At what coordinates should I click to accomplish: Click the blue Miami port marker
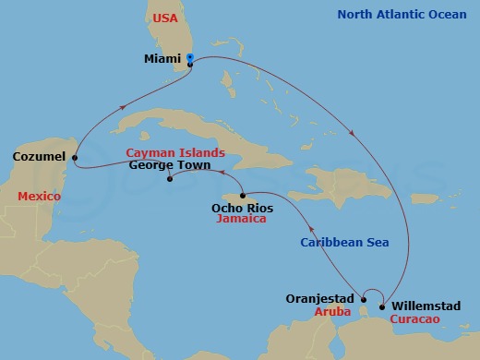click(x=189, y=57)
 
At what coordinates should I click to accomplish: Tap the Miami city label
click(x=162, y=58)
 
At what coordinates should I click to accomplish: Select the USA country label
click(x=164, y=18)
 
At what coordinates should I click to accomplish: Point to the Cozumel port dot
click(x=74, y=157)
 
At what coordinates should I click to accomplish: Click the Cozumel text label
click(x=39, y=157)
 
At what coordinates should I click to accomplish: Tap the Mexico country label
click(x=39, y=197)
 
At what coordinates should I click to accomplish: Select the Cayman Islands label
click(x=174, y=152)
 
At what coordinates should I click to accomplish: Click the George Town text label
click(x=167, y=166)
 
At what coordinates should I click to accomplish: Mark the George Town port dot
click(x=169, y=181)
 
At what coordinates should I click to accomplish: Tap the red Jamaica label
click(x=241, y=222)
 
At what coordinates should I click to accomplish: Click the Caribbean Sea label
click(x=344, y=243)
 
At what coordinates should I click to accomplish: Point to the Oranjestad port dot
click(x=364, y=298)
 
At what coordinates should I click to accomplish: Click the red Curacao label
click(x=414, y=318)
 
